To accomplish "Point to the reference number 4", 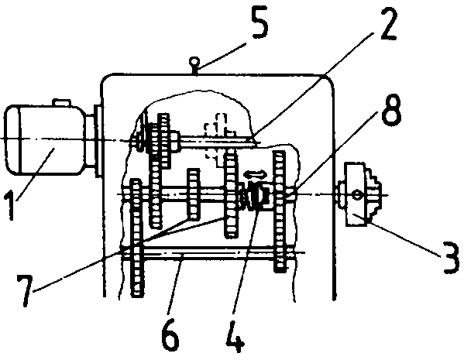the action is coord(235,336).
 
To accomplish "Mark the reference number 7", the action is coord(24,290).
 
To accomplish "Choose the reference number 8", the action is coord(391,110).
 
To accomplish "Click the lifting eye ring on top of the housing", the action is coord(194,62).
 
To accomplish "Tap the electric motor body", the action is coord(44,139).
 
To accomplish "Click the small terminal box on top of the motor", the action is coord(61,102).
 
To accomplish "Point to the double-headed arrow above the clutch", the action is coord(256,174).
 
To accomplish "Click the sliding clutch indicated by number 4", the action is coord(256,196).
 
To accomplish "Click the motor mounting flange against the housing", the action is coord(98,140).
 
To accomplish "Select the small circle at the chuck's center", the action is coord(357,195).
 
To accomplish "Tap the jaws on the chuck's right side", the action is coord(373,194).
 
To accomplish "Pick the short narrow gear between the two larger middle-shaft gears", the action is coord(194,194).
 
